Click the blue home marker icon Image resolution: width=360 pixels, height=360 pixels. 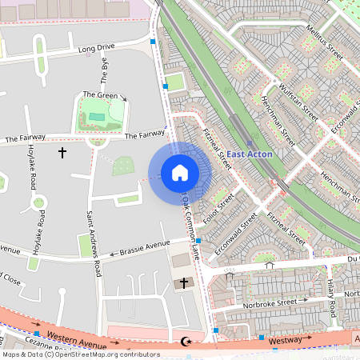coord(180,173)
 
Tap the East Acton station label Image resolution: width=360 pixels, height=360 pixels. coord(249,154)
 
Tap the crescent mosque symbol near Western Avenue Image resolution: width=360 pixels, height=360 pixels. coord(187,342)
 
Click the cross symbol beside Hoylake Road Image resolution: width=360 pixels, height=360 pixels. coord(62,151)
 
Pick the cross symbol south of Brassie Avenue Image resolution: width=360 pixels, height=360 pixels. coord(183,283)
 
